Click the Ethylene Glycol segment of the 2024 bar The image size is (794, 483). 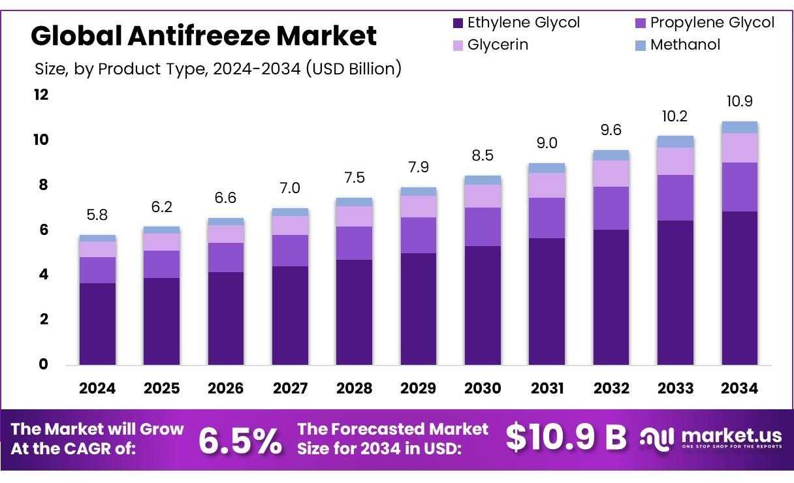pos(97,324)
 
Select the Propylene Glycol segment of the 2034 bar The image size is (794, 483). pos(739,187)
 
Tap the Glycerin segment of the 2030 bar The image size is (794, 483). pos(483,196)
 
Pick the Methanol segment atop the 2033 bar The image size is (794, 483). pos(675,142)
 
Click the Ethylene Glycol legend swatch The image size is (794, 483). pos(458,23)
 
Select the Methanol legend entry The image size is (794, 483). pos(685,44)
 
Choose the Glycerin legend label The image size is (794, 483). pos(498,45)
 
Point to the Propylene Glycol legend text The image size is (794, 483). pos(712,23)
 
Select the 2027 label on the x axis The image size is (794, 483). pos(290,388)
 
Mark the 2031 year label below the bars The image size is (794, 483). pos(547,388)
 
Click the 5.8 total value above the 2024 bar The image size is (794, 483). pos(97,214)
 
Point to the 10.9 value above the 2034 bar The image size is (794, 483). pos(739,101)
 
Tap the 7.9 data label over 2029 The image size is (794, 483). pos(418,167)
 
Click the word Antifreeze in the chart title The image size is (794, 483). pos(198,36)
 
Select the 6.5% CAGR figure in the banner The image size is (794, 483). pos(240,441)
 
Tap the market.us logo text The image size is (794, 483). pos(731,435)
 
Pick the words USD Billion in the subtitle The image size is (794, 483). pos(353,68)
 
